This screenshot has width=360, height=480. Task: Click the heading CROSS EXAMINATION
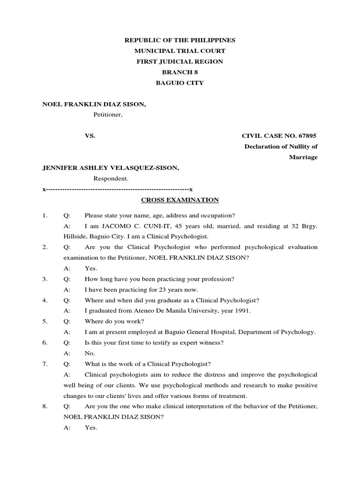[180, 200]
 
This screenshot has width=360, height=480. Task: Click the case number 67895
[313, 136]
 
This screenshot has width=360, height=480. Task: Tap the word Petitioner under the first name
[107, 114]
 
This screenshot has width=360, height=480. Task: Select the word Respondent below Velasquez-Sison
[111, 179]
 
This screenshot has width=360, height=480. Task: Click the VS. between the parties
[90, 136]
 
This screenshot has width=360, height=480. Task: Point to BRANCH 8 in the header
[180, 72]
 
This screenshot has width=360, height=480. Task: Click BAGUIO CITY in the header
[180, 83]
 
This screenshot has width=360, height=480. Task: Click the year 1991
[242, 311]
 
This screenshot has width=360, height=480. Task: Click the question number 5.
[45, 322]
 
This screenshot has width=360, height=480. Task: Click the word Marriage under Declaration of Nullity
[303, 157]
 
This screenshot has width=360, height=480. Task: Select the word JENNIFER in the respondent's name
[60, 168]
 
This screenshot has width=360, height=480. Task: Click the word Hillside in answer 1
[75, 236]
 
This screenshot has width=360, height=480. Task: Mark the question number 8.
[45, 406]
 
